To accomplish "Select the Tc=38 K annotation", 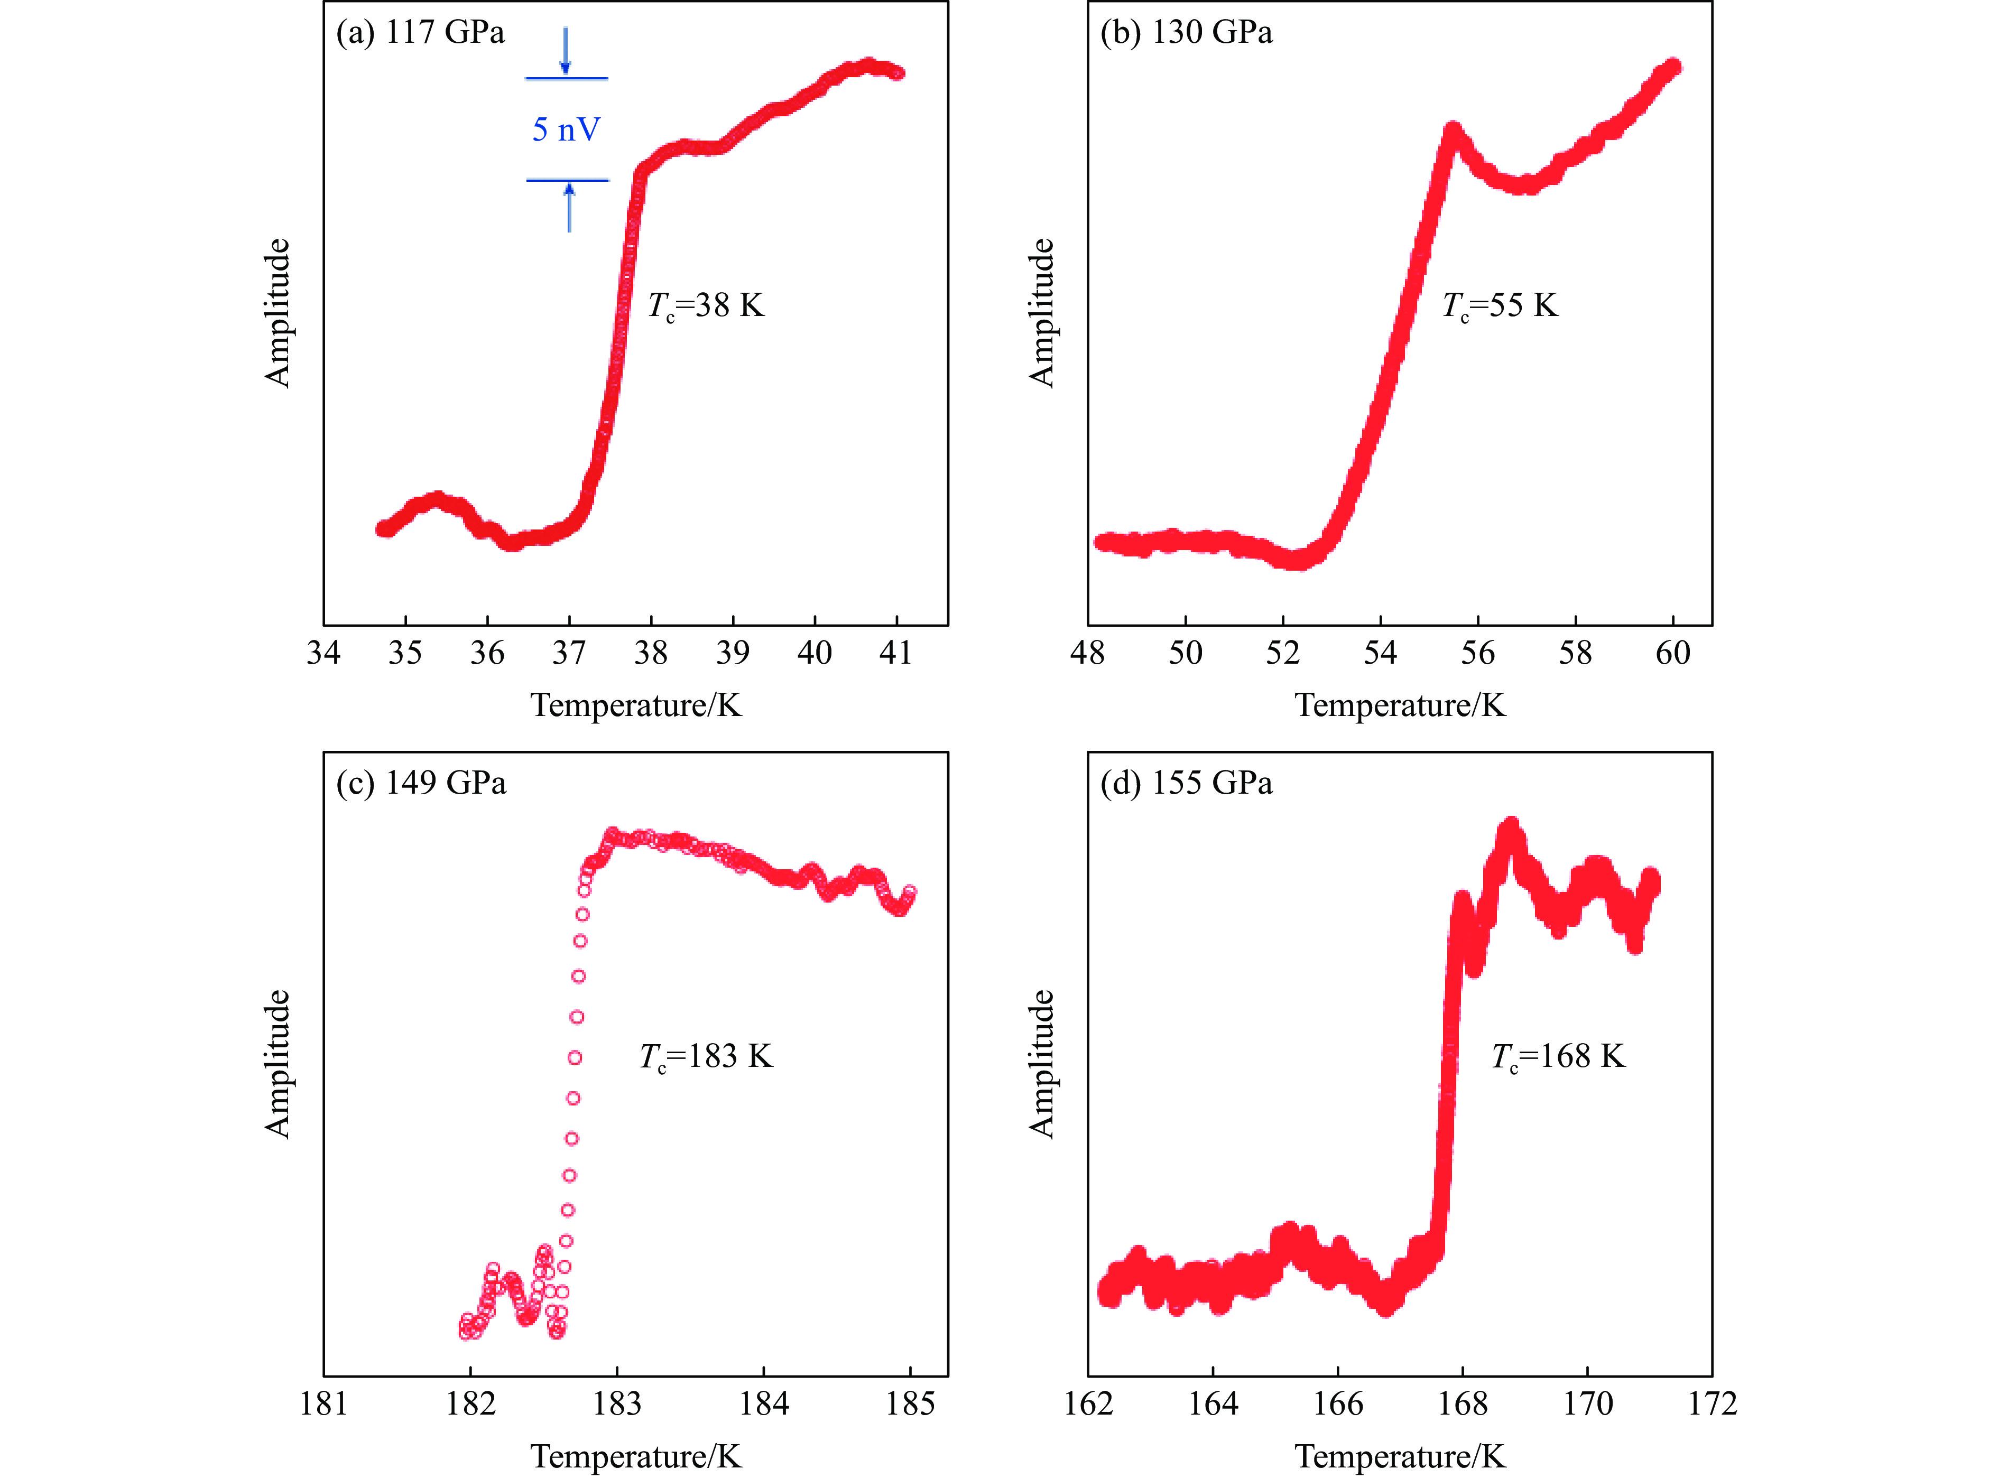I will [x=706, y=306].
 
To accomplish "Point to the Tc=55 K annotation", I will [x=1500, y=306].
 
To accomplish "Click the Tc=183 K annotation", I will [x=706, y=1057].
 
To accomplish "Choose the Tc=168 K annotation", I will [x=1558, y=1057].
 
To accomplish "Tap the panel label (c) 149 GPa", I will [x=421, y=784].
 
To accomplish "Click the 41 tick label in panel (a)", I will [x=895, y=653].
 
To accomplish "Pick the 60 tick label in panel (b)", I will [x=1672, y=653].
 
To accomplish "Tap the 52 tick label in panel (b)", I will [x=1282, y=653].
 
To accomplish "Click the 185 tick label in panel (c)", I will [x=910, y=1403].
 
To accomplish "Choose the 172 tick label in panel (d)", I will [x=1712, y=1403].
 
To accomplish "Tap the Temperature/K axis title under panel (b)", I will [x=1400, y=706].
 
